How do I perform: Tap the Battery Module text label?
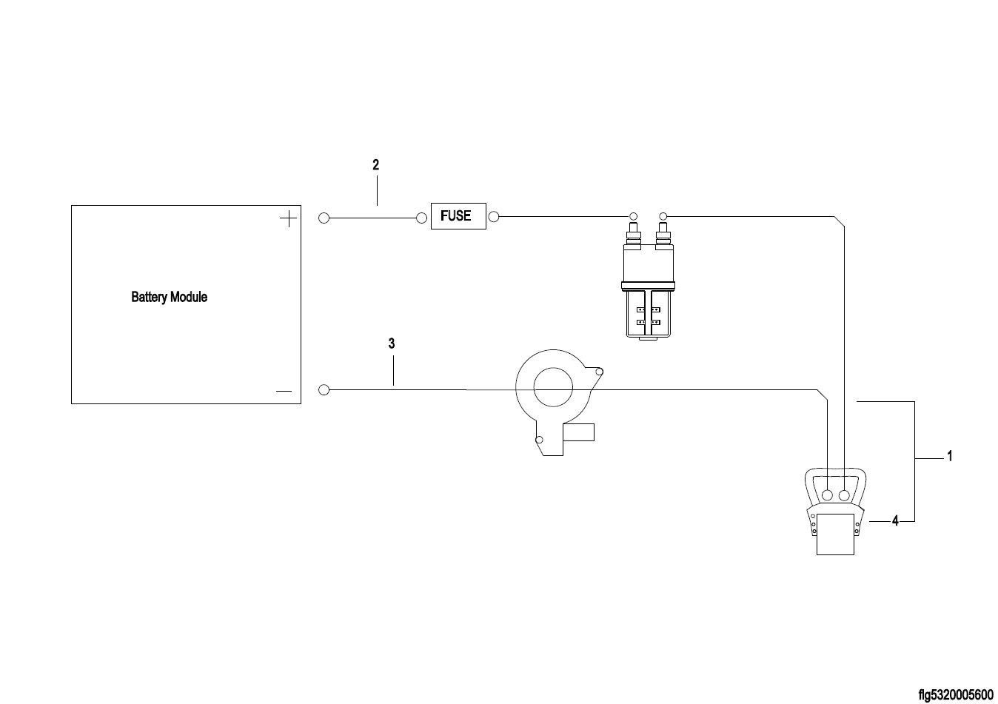(x=169, y=298)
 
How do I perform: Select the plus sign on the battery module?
(x=288, y=218)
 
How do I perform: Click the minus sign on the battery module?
(x=284, y=390)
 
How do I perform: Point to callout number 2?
(x=376, y=165)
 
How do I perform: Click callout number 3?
(x=392, y=343)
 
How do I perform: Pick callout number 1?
(x=950, y=457)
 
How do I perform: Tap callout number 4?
(x=895, y=521)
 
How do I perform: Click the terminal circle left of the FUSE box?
(x=422, y=218)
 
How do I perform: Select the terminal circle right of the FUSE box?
(x=494, y=217)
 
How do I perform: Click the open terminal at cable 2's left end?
(x=324, y=218)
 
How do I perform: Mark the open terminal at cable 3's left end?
(x=324, y=389)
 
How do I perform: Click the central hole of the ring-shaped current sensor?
(x=552, y=388)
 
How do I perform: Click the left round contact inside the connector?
(x=828, y=495)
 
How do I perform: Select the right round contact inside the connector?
(x=843, y=495)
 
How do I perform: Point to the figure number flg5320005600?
(x=955, y=694)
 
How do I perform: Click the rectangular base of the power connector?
(x=835, y=536)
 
